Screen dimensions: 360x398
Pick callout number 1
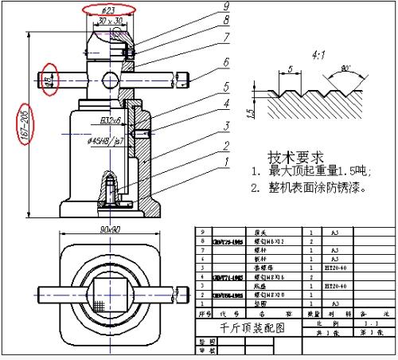point(227,162)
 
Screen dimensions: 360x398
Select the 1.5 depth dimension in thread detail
point(249,115)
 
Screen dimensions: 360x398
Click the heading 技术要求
point(295,156)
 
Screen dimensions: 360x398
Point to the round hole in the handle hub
point(109,81)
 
